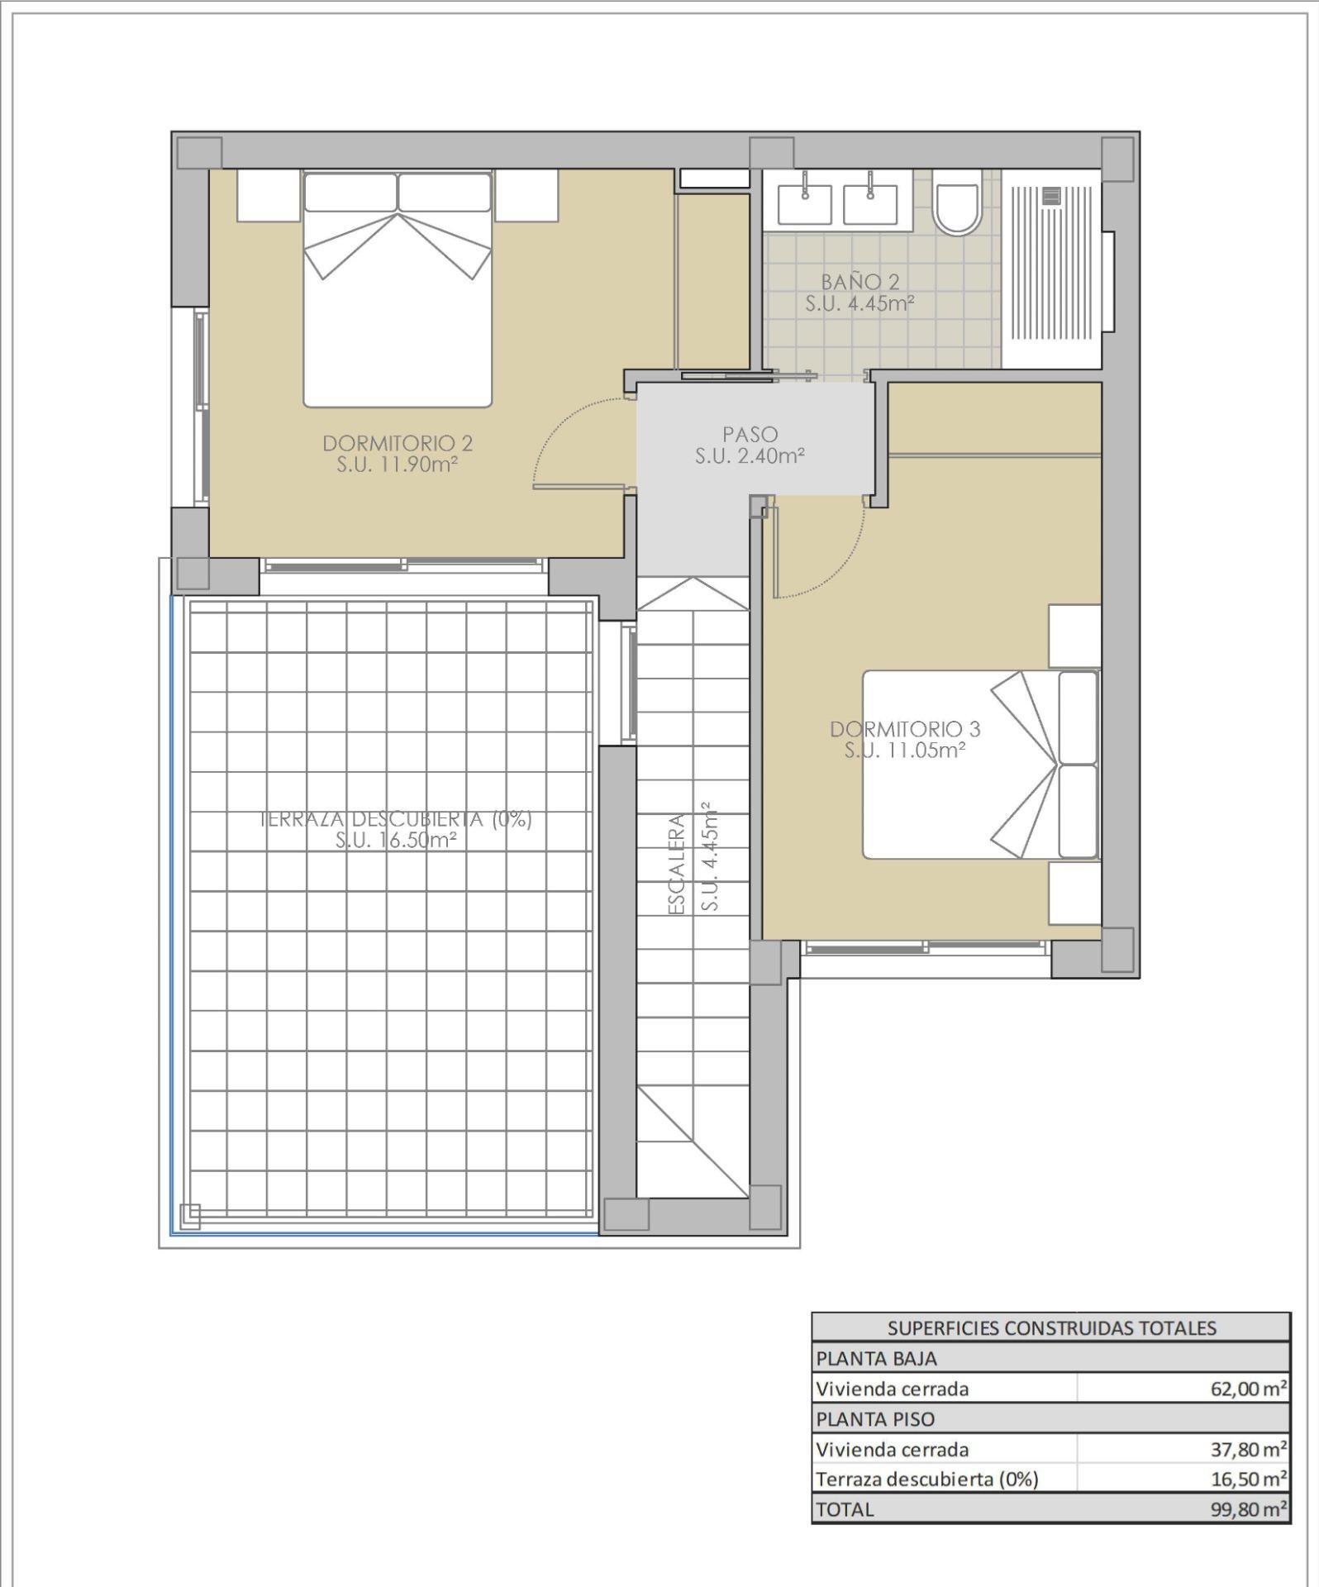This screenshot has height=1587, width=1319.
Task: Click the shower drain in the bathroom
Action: click(x=1051, y=196)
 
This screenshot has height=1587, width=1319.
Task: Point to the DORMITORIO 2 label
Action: click(x=398, y=443)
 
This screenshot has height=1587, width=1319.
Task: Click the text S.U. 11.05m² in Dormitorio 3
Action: click(x=905, y=751)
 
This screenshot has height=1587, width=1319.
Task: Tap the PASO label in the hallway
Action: click(x=750, y=433)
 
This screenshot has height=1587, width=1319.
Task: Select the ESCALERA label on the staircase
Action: click(x=676, y=864)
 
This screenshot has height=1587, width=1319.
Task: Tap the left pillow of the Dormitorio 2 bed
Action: click(x=350, y=192)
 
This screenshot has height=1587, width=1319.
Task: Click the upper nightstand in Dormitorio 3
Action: click(x=1074, y=635)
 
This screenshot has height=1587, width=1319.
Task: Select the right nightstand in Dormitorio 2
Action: click(x=526, y=195)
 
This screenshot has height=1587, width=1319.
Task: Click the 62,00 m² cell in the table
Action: click(x=1248, y=1388)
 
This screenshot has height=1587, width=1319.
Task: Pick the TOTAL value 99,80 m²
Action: click(x=1248, y=1508)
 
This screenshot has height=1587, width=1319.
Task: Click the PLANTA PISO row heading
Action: click(x=875, y=1418)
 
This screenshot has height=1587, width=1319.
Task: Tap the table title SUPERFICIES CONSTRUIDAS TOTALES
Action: click(x=1051, y=1327)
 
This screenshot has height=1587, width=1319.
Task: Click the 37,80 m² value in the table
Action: click(x=1248, y=1448)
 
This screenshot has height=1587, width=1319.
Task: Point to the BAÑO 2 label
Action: click(x=859, y=283)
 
